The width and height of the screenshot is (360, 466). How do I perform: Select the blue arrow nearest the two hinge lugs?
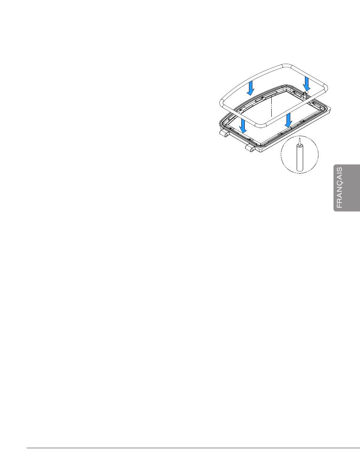point(243,125)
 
